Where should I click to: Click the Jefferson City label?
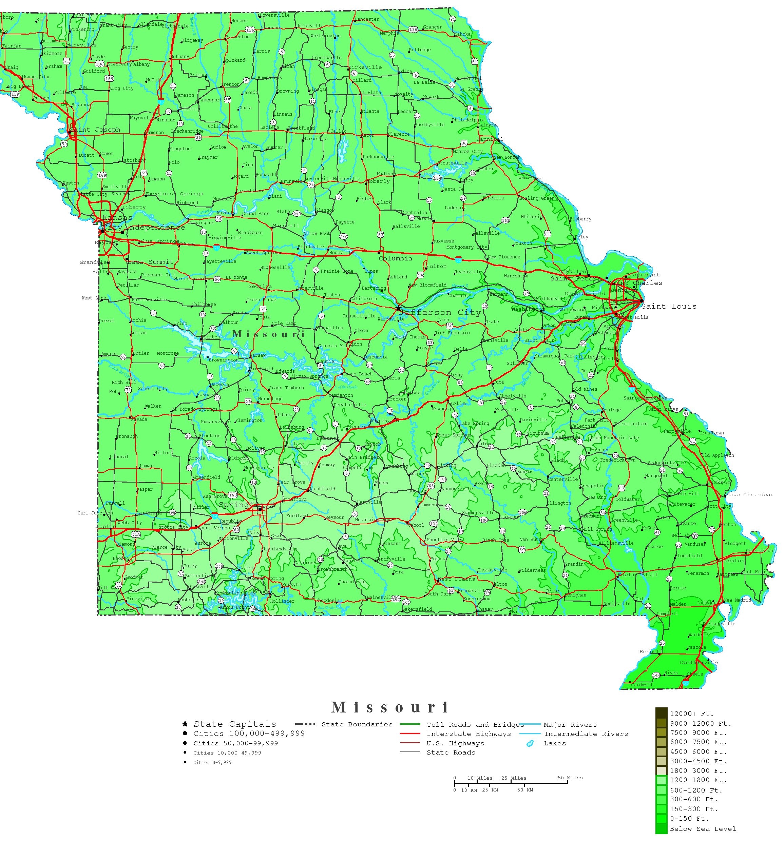pos(440,312)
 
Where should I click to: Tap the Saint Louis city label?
pos(669,306)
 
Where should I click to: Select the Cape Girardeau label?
pos(750,494)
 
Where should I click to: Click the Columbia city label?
pos(395,258)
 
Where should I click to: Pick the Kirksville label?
pos(365,67)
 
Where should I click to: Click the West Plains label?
pos(456,579)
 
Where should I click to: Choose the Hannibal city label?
pos(490,139)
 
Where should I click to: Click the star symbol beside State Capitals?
pos(185,724)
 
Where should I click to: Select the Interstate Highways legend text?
pos(469,734)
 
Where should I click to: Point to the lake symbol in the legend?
pos(529,743)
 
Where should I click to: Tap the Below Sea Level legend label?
pos(702,828)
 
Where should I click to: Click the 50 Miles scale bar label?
pos(570,778)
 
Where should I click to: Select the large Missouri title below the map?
pos(390,707)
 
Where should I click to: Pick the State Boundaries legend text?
pos(357,724)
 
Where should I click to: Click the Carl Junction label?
pos(95,513)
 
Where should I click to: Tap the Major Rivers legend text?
pos(570,724)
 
